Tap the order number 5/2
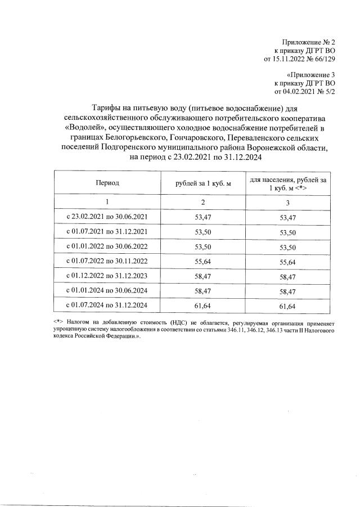click(x=329, y=91)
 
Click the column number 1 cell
click(x=107, y=201)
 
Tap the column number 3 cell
click(x=288, y=202)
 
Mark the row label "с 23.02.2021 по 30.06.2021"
click(x=107, y=216)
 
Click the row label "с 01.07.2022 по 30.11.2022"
click(x=107, y=261)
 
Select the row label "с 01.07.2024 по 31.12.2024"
click(x=107, y=306)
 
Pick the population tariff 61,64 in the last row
click(x=288, y=306)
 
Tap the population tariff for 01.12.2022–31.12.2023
click(x=288, y=276)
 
